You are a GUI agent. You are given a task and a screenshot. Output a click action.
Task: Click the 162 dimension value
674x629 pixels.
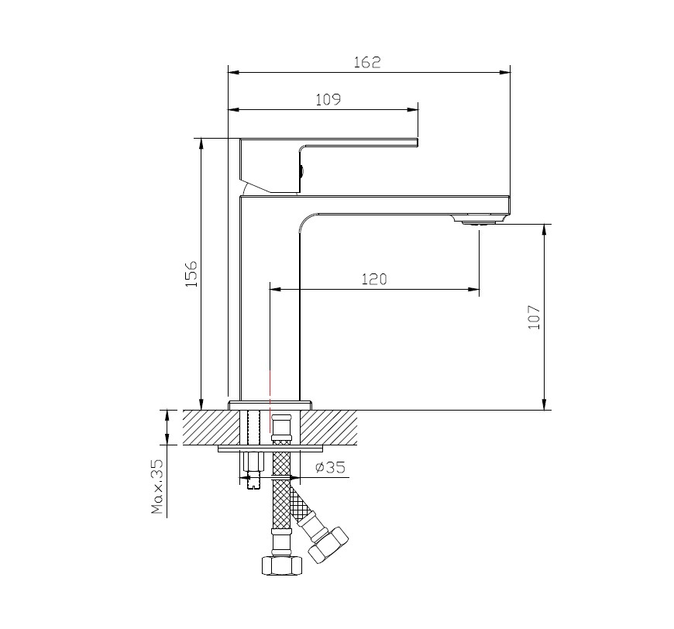[x=367, y=62]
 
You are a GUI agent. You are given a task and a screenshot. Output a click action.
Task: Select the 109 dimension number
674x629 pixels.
[x=328, y=100]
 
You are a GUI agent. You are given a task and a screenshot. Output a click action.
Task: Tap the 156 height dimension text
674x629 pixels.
[x=191, y=273]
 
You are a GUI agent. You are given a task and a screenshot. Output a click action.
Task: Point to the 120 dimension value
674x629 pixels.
[x=374, y=280]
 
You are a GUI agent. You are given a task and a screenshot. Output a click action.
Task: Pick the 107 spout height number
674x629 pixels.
[x=534, y=318]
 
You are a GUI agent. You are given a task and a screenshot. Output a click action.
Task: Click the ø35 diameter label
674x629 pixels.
[x=330, y=467]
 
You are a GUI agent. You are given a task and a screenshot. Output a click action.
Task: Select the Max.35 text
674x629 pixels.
[x=157, y=486]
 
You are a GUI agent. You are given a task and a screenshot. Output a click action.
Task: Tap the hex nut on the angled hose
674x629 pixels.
[x=328, y=545]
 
